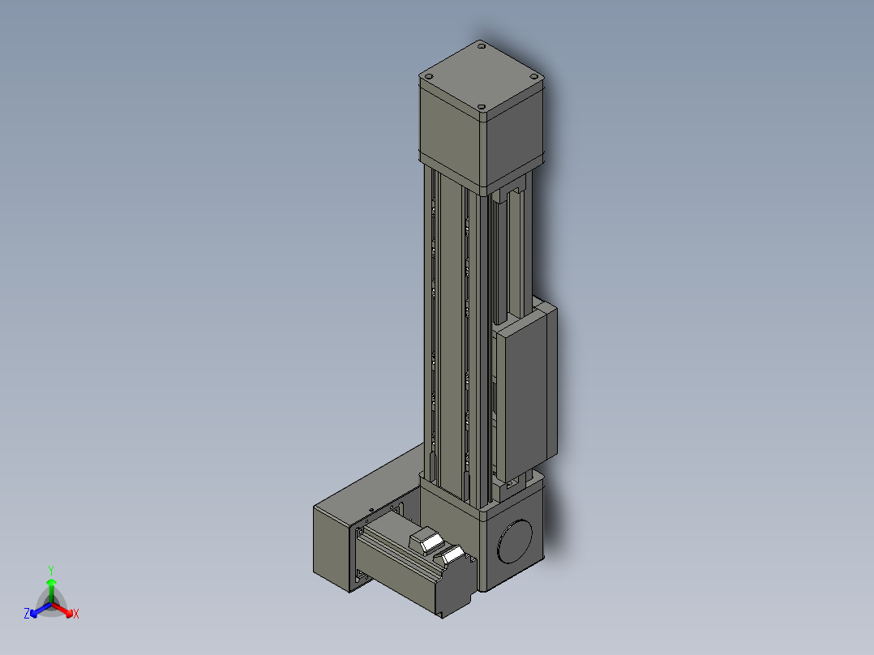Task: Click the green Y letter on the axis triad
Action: pyautogui.click(x=50, y=570)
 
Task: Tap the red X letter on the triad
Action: pyautogui.click(x=75, y=614)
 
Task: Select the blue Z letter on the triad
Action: pyautogui.click(x=27, y=614)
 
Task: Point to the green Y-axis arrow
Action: pyautogui.click(x=51, y=587)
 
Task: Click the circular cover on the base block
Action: pyautogui.click(x=514, y=541)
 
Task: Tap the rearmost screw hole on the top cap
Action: pyautogui.click(x=482, y=48)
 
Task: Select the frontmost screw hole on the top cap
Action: pyautogui.click(x=481, y=107)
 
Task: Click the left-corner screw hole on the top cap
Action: pyautogui.click(x=428, y=76)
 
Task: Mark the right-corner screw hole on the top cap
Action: pyautogui.click(x=533, y=77)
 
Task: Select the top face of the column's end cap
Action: pyautogui.click(x=481, y=78)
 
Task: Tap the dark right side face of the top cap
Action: pyautogui.click(x=516, y=142)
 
